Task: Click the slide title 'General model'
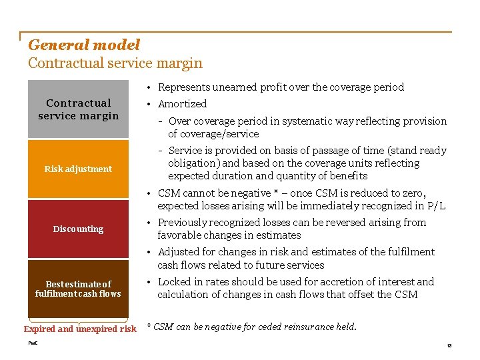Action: point(84,45)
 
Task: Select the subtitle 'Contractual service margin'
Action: point(115,63)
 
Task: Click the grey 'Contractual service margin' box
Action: point(78,109)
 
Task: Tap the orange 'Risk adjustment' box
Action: point(78,169)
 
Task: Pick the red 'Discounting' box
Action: point(78,229)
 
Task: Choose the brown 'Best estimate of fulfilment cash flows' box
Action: point(78,289)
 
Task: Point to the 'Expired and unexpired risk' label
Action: point(80,329)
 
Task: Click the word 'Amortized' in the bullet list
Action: point(182,104)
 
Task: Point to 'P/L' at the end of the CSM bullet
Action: point(437,206)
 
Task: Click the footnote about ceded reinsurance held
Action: point(251,327)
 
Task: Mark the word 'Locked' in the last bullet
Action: point(175,281)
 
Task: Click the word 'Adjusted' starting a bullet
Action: point(179,252)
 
